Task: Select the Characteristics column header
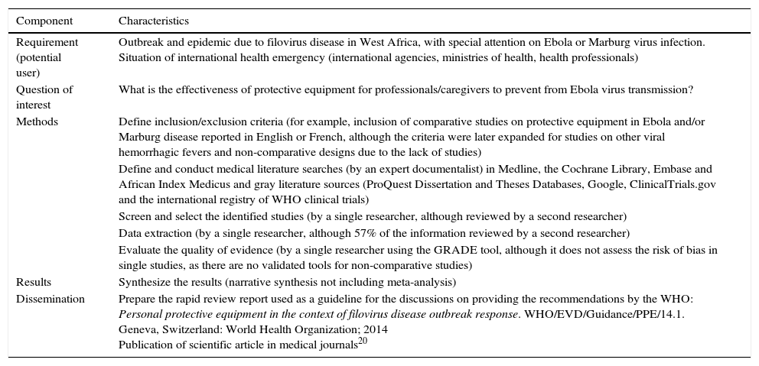click(x=154, y=21)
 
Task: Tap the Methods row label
click(x=37, y=121)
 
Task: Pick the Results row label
click(x=34, y=282)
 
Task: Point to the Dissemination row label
click(x=50, y=299)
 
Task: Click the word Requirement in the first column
click(x=47, y=43)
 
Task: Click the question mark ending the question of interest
click(x=691, y=89)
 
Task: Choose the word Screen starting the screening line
click(x=135, y=216)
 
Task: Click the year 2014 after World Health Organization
click(x=376, y=329)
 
